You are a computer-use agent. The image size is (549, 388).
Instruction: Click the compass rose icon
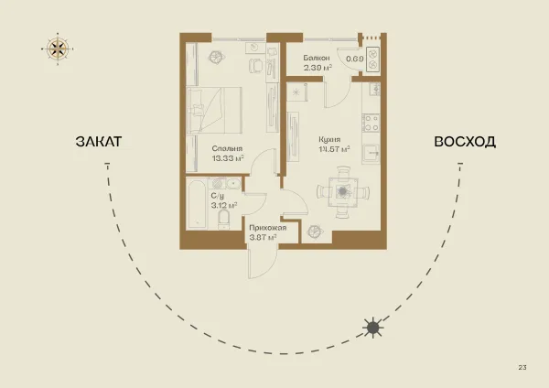58,49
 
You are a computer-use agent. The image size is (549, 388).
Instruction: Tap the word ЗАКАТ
99,142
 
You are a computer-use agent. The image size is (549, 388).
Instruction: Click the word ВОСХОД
465,142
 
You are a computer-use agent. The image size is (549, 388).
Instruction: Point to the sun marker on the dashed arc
373,328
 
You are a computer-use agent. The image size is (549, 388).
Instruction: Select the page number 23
522,367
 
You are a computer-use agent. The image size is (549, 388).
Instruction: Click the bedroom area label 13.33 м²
228,158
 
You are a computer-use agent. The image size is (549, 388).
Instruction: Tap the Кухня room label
329,139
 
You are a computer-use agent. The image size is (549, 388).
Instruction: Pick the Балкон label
317,58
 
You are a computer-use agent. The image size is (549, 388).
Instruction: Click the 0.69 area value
355,59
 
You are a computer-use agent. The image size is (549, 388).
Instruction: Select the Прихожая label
268,228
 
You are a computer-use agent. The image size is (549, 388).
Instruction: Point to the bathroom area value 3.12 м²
224,205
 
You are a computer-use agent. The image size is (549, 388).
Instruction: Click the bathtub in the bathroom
196,204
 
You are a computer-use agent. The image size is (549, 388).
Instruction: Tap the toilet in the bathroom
223,220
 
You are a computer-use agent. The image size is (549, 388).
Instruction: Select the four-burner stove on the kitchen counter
371,123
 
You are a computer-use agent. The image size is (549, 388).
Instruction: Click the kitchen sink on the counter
371,154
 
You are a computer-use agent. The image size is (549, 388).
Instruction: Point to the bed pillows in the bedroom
196,110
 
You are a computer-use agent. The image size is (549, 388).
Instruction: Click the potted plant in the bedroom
216,57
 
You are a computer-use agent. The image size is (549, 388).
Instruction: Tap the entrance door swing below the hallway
263,264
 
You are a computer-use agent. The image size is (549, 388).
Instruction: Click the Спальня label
227,149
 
